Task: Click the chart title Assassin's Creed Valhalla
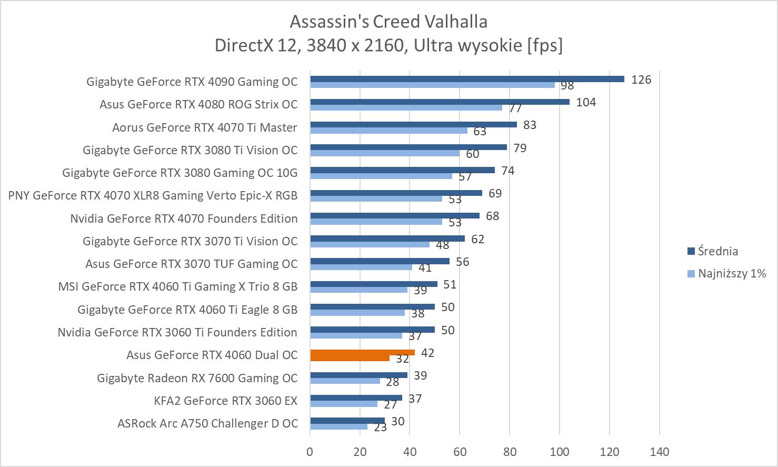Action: click(x=388, y=22)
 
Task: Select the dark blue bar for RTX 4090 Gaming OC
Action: click(x=467, y=79)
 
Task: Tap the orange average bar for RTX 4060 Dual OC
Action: click(x=362, y=352)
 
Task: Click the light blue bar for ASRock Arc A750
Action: click(x=338, y=426)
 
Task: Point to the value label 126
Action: click(x=641, y=80)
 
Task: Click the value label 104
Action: click(x=586, y=102)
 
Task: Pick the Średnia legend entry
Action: click(x=717, y=251)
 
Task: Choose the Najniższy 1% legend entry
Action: click(x=731, y=273)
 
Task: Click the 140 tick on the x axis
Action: click(x=659, y=452)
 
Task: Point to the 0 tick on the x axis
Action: click(x=310, y=452)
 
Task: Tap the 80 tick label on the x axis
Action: click(x=510, y=452)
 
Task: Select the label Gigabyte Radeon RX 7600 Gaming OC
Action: click(x=197, y=378)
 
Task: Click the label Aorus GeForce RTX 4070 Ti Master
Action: click(x=204, y=127)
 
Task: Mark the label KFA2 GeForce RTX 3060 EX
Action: click(x=225, y=401)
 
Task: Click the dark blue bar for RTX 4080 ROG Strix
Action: click(x=440, y=102)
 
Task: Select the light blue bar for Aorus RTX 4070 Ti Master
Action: click(x=388, y=130)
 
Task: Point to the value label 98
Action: click(x=567, y=86)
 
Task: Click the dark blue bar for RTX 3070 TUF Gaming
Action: click(x=380, y=261)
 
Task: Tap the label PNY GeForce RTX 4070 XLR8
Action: click(x=153, y=196)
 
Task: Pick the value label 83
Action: click(x=530, y=125)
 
